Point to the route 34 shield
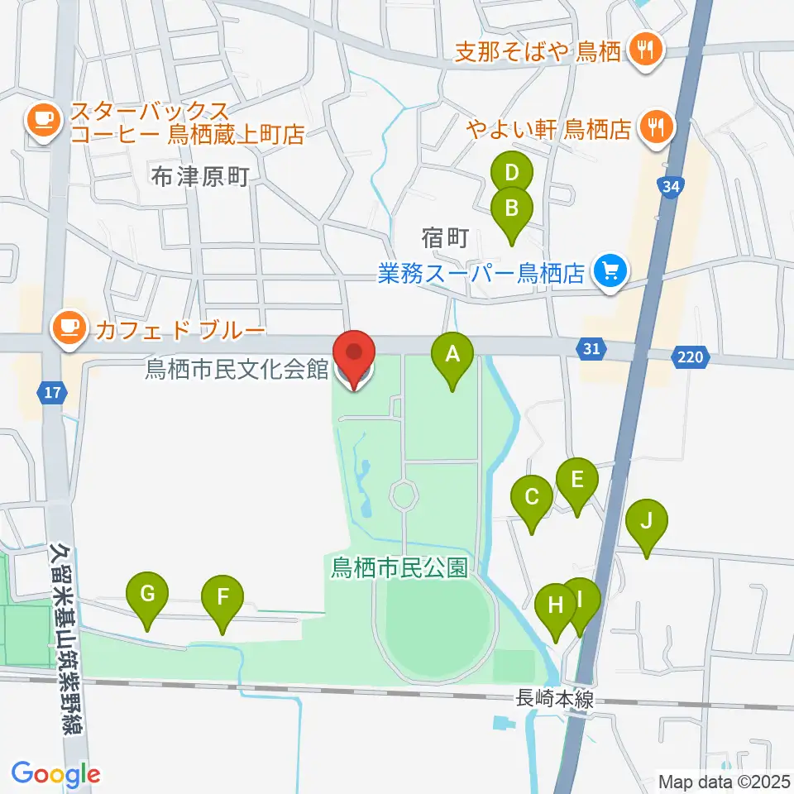[x=670, y=187]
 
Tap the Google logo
[x=56, y=774]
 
